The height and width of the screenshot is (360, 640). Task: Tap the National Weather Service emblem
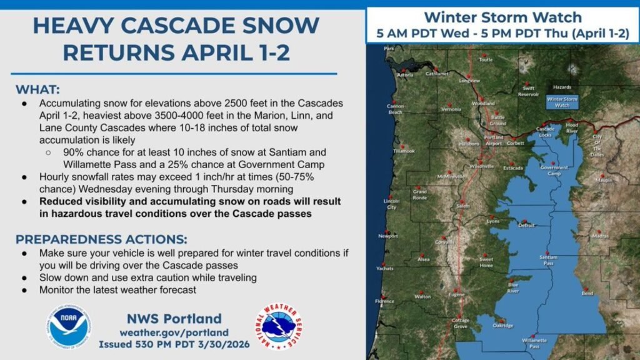(x=279, y=326)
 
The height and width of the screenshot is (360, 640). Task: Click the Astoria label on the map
(x=405, y=75)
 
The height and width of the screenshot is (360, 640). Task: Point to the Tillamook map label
(x=404, y=151)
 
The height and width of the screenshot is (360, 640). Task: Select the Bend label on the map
(x=587, y=292)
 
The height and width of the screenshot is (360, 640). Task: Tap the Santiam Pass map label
(x=547, y=260)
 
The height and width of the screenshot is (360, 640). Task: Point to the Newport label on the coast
(x=387, y=236)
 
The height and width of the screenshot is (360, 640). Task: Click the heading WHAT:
(x=38, y=88)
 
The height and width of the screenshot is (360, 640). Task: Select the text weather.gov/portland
(x=174, y=332)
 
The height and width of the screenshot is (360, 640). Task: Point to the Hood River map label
(x=572, y=128)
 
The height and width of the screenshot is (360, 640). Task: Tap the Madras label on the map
(x=600, y=236)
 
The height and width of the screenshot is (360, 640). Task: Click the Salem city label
(x=462, y=205)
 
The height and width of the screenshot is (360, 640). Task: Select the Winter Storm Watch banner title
(x=502, y=17)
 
